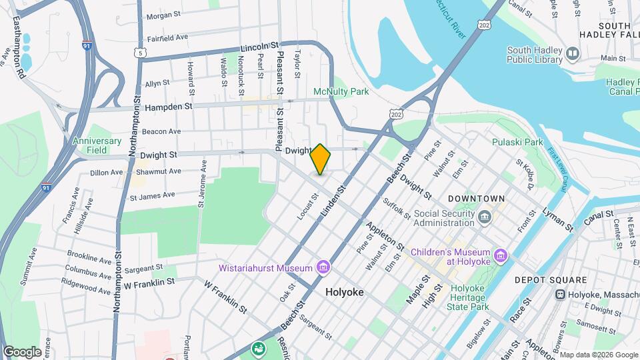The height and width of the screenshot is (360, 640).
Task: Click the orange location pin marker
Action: (x=321, y=159)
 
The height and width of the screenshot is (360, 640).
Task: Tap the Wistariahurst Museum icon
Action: (x=323, y=268)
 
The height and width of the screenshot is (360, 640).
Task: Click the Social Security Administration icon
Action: (x=485, y=216)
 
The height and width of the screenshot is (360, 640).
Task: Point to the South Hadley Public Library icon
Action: (x=572, y=53)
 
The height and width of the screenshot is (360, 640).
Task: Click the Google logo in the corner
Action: (x=22, y=351)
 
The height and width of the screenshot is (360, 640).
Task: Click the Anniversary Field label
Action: (x=97, y=145)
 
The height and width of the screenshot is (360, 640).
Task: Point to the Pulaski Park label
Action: (x=517, y=142)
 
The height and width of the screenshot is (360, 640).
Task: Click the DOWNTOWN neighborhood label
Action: (x=476, y=199)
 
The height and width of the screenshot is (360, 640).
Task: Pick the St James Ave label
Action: (x=152, y=196)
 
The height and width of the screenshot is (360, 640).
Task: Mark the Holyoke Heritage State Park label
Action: (x=470, y=297)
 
